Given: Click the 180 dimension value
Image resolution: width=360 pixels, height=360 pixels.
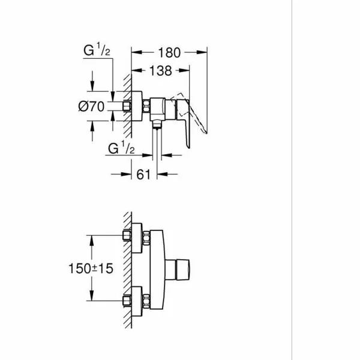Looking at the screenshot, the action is point(169,53).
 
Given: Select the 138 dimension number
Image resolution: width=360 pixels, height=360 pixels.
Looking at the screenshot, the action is point(160,70).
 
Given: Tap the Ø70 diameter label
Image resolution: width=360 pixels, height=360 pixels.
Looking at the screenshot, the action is point(91,106).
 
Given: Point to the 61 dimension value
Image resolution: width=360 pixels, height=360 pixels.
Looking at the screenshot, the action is point(143,174).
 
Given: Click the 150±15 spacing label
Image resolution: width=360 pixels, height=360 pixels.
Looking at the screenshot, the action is point(91,268).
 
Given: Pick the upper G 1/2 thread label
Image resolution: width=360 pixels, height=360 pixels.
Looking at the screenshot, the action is point(97,49).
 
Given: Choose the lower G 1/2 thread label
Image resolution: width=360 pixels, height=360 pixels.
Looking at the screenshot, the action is point(121,148).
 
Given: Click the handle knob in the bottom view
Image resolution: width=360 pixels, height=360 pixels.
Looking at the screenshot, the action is point(183,269).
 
